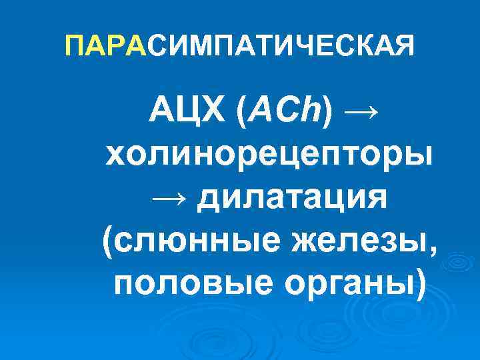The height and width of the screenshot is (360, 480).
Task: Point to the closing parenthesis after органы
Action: coord(418,285)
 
